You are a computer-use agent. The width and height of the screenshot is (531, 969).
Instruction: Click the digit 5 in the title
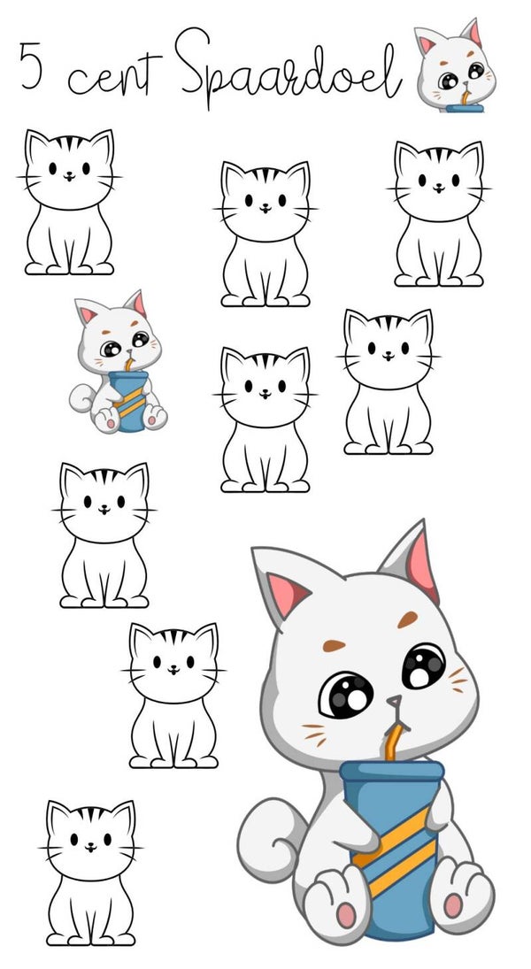click(x=31, y=65)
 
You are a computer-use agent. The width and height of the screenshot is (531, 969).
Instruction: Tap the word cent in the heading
click(x=114, y=75)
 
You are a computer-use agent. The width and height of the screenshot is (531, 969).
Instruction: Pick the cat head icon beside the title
click(x=455, y=66)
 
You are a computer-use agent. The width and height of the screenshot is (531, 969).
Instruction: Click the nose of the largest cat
click(x=394, y=702)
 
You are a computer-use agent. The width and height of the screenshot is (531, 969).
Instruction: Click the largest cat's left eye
click(x=345, y=696)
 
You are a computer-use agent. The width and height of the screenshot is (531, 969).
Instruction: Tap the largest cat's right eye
click(x=423, y=665)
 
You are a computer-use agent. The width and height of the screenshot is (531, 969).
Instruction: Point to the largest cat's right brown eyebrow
click(x=407, y=619)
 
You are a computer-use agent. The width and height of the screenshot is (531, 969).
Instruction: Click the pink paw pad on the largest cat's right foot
click(x=453, y=905)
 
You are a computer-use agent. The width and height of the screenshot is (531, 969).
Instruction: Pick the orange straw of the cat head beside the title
click(x=465, y=97)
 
